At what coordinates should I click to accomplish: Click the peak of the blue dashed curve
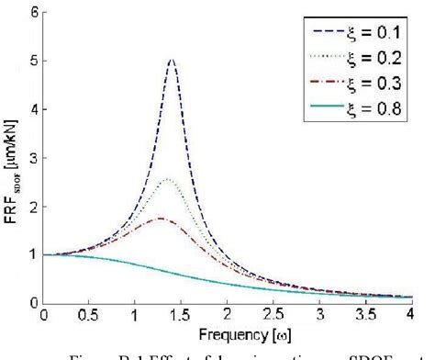click(172, 61)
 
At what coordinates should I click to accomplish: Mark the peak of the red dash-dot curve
click(160, 218)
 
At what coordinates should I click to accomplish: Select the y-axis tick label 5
click(34, 62)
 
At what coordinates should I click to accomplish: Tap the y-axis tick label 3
click(34, 158)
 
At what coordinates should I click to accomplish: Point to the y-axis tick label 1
click(34, 254)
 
